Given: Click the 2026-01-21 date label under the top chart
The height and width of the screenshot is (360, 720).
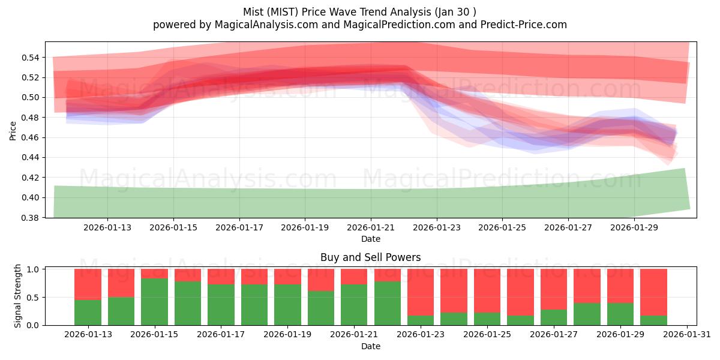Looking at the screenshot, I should (371, 227).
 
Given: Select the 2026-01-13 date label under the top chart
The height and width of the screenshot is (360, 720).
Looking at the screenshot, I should (107, 227).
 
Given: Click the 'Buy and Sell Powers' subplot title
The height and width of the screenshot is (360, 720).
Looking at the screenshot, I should (370, 257).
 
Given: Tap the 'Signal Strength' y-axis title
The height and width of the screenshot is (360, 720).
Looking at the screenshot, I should (18, 296).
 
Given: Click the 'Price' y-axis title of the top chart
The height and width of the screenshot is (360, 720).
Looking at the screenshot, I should (13, 131).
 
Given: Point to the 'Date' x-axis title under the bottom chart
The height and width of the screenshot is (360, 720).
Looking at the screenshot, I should (370, 346).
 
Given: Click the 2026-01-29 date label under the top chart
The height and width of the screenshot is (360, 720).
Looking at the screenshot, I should (635, 227).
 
